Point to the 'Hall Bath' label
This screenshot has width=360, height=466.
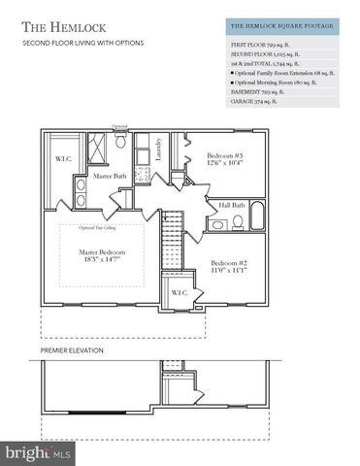pos(232,205)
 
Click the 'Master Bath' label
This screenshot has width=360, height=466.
pos(112,176)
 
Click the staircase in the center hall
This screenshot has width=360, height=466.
pos(172,243)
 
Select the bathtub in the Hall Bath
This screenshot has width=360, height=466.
pos(258,219)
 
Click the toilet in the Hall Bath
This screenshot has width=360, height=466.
pos(220,224)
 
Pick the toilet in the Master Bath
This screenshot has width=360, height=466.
pos(120,142)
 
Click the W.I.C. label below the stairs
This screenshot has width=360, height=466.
pos(180,292)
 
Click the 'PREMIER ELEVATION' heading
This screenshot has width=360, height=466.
pos(72,349)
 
